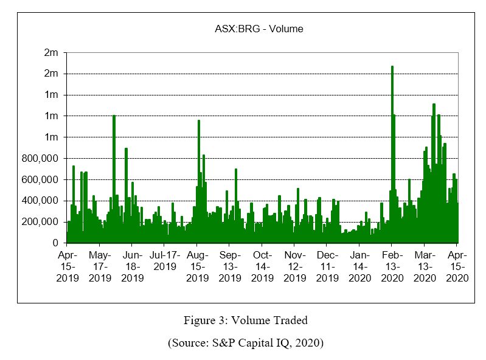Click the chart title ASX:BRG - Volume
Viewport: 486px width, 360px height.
click(259, 29)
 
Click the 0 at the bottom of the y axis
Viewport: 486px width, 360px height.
click(55, 243)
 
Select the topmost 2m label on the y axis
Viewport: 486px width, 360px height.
click(50, 52)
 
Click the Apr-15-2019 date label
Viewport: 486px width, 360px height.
click(68, 266)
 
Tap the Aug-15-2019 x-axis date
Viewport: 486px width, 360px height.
click(197, 266)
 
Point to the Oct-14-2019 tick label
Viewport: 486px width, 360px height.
click(262, 266)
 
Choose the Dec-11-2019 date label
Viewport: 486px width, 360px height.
click(327, 266)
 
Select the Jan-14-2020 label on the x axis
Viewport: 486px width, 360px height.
click(359, 266)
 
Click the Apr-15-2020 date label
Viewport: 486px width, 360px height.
click(457, 266)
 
